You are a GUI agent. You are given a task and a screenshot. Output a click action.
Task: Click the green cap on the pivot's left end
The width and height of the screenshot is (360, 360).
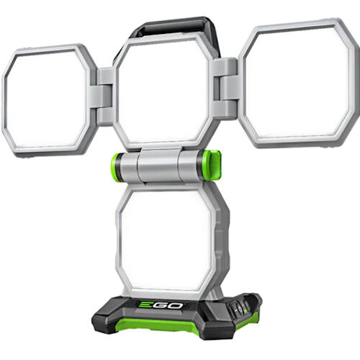point(116,167)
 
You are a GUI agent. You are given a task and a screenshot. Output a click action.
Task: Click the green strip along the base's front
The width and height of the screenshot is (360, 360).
point(173,328)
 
